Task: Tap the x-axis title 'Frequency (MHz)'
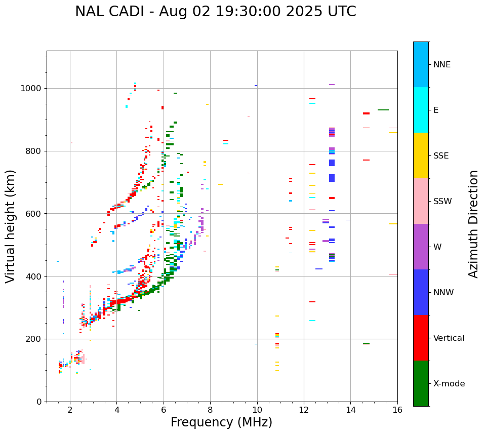click(x=221, y=422)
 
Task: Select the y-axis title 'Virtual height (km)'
click(x=11, y=226)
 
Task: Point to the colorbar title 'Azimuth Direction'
click(x=473, y=223)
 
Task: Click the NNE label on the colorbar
click(x=441, y=65)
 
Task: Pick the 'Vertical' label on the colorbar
click(x=449, y=338)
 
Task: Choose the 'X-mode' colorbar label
click(x=449, y=384)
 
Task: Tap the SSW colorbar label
click(x=442, y=202)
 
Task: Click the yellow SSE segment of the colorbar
click(x=421, y=155)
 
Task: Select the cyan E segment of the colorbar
click(x=421, y=109)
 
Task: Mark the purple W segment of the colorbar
click(x=421, y=247)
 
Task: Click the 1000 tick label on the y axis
click(x=31, y=89)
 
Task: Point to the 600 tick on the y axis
click(x=34, y=214)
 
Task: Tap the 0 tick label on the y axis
click(x=38, y=402)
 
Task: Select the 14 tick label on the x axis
click(x=350, y=410)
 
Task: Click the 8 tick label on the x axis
click(x=210, y=410)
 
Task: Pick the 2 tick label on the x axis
click(x=70, y=410)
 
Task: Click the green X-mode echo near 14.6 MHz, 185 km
click(x=366, y=344)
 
